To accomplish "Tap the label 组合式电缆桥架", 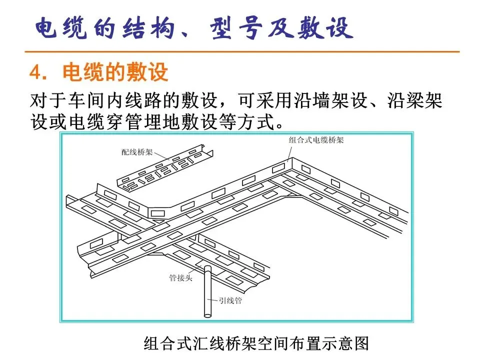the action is click(x=316, y=140).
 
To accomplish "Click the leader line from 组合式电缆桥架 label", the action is click(x=289, y=151).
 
